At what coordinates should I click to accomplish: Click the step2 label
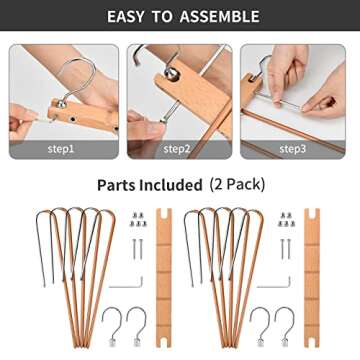point(177,149)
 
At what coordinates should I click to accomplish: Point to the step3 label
point(292,149)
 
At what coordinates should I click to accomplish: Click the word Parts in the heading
point(117,186)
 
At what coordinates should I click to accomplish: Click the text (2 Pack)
point(235,186)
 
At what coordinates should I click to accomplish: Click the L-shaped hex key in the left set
point(128,284)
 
